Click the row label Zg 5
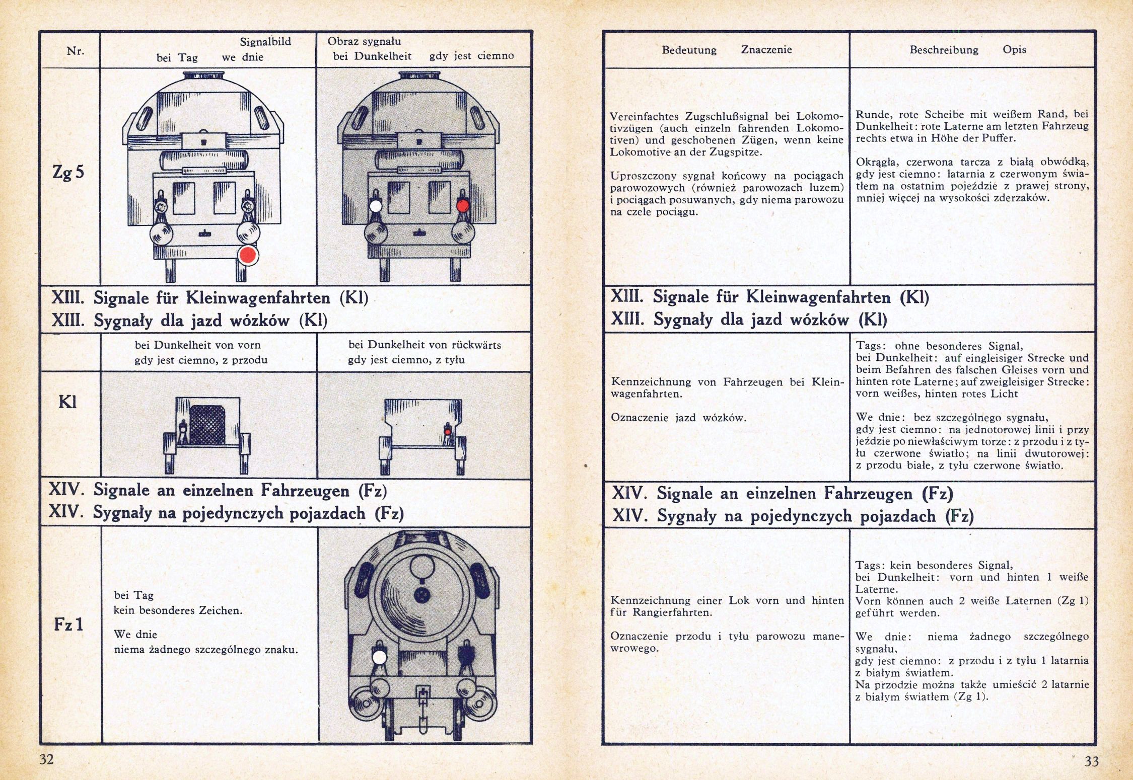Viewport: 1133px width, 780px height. tap(68, 173)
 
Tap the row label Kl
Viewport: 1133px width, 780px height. tap(67, 402)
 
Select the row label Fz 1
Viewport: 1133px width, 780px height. tap(68, 625)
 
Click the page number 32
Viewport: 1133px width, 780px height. tap(46, 759)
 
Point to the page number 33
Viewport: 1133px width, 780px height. tap(1091, 761)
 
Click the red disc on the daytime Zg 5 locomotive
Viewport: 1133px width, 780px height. tap(248, 256)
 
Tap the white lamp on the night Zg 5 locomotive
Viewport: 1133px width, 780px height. tap(376, 206)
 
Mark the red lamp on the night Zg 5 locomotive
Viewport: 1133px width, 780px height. tap(463, 205)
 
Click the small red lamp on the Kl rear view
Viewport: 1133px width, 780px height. tap(447, 431)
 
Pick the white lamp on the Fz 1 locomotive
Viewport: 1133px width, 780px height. tap(380, 658)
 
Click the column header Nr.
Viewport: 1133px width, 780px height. tap(75, 50)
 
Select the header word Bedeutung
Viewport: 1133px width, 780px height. tap(689, 50)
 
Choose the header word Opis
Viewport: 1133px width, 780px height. tap(1014, 50)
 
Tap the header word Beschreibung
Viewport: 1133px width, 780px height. tap(944, 50)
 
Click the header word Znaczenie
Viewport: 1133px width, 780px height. tap(766, 50)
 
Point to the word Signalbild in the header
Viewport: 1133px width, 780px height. tap(265, 42)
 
